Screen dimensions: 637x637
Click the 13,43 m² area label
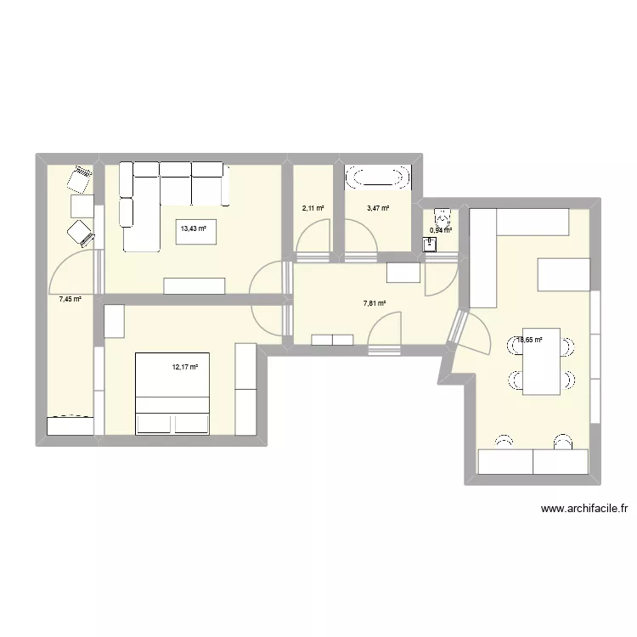[192, 227]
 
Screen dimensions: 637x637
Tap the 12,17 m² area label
[184, 368]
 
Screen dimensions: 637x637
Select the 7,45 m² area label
[70, 299]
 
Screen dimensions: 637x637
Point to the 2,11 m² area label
[313, 207]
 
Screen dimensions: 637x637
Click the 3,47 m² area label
[378, 207]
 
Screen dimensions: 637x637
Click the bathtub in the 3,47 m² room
[377, 178]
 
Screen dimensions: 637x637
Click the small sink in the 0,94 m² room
[429, 245]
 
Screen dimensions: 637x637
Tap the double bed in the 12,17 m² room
[173, 393]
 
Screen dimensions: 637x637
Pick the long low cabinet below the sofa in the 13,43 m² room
[194, 285]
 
